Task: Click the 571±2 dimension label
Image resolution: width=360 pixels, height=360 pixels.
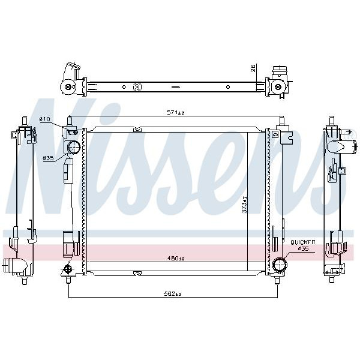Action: tap(176, 113)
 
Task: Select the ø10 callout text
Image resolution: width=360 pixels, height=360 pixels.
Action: tap(44, 119)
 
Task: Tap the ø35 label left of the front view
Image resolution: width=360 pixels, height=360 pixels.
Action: tap(48, 158)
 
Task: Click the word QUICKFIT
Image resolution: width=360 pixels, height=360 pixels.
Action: tap(303, 242)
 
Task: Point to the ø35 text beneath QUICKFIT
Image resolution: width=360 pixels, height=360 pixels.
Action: tap(303, 248)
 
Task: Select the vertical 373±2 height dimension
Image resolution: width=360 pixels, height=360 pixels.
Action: tap(245, 205)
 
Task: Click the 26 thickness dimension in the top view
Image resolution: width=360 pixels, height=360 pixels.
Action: tap(253, 68)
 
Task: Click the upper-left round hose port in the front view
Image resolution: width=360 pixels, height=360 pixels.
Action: tap(74, 147)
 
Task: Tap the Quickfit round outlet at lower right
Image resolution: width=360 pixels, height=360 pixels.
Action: tap(280, 265)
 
